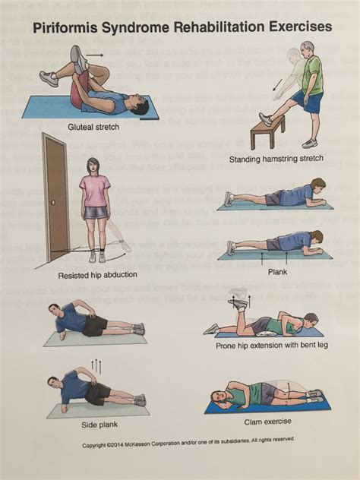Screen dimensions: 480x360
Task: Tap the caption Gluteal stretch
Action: point(93,127)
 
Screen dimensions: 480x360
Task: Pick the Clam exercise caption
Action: point(267,422)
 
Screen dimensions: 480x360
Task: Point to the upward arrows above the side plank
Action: point(96,366)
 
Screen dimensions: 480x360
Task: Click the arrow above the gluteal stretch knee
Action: point(96,55)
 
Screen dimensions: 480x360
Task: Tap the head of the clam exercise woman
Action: point(218,397)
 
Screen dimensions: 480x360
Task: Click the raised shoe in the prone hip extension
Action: point(239,303)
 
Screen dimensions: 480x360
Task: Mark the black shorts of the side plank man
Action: point(97,393)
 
